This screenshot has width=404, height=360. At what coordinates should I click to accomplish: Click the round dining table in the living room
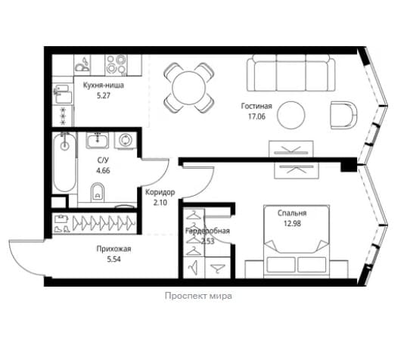pyautogui.click(x=189, y=88)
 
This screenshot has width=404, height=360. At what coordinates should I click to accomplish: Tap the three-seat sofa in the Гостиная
pyautogui.click(x=291, y=73)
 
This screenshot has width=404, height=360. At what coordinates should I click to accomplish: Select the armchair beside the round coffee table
pyautogui.click(x=344, y=115)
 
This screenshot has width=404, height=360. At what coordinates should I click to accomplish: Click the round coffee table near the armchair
pyautogui.click(x=291, y=115)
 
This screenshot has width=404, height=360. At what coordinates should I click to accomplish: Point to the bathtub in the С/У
pyautogui.click(x=64, y=162)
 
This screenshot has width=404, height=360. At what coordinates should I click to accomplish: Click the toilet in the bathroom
pyautogui.click(x=98, y=192)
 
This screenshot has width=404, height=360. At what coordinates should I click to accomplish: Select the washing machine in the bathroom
pyautogui.click(x=126, y=141)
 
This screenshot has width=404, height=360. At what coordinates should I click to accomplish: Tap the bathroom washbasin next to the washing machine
pyautogui.click(x=97, y=141)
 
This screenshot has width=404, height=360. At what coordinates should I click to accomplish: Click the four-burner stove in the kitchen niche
pyautogui.click(x=116, y=64)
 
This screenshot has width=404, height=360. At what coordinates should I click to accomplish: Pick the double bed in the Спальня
pyautogui.click(x=297, y=241)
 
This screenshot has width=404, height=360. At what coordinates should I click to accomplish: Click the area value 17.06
pyautogui.click(x=256, y=116)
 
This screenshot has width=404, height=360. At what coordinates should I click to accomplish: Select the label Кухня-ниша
pyautogui.click(x=104, y=85)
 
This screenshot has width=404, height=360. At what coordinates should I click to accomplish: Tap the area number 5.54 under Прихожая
pyautogui.click(x=114, y=259)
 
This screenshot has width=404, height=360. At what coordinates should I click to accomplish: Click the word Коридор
pyautogui.click(x=160, y=192)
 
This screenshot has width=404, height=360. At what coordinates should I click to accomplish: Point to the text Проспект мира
pyautogui.click(x=198, y=296)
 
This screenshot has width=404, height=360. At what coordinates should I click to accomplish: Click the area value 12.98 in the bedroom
pyautogui.click(x=292, y=224)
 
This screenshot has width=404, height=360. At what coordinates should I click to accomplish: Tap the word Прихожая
pyautogui.click(x=114, y=249)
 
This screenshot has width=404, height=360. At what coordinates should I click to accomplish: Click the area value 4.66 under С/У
pyautogui.click(x=103, y=170)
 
